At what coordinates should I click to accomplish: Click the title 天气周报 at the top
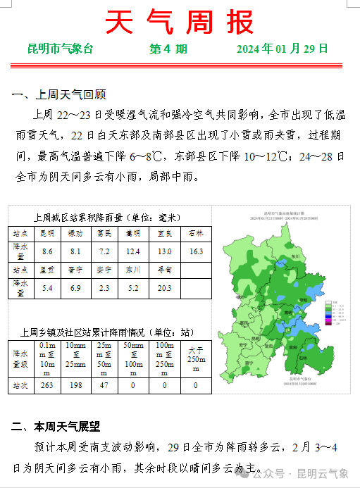pos(180,23)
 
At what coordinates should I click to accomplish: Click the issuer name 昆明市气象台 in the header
pos(61,49)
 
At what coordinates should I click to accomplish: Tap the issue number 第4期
pos(168,49)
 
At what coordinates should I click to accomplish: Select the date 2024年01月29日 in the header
pos(282,49)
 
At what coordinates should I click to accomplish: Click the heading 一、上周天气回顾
pos(59,94)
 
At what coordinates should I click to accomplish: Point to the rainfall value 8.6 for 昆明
pos(48,251)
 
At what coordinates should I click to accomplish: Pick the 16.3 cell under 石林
pos(196,251)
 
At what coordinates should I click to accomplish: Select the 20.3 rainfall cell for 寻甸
pos(166,287)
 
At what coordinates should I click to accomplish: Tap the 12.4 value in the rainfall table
pos(133,251)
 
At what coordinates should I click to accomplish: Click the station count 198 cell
pos(75,385)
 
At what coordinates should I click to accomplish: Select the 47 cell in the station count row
pos(104,385)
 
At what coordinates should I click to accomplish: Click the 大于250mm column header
pos(195,356)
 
